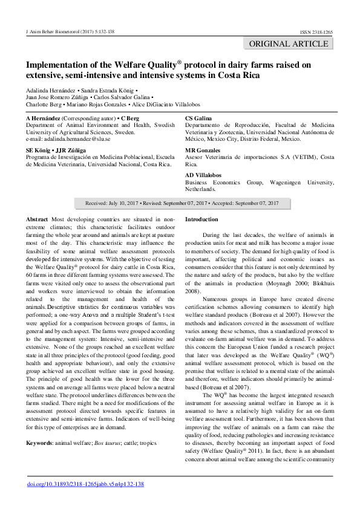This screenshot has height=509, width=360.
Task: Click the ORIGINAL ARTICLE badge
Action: [x=288, y=44]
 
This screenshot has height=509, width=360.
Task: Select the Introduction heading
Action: [x=201, y=219]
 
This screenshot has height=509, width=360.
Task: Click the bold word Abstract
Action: [x=38, y=219]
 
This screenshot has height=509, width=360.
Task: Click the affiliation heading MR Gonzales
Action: [x=203, y=150]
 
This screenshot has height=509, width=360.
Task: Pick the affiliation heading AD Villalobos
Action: [x=205, y=175]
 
